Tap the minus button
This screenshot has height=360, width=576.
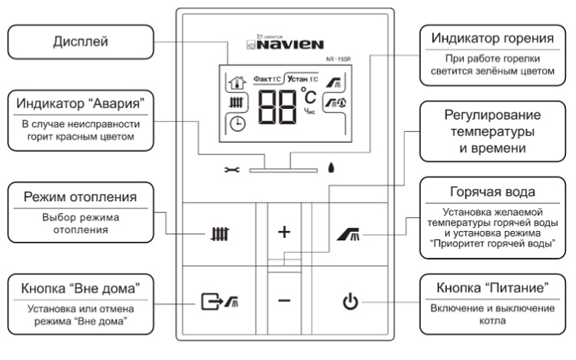[284, 301]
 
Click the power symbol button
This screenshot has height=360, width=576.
[349, 302]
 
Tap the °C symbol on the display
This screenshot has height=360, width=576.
[308, 97]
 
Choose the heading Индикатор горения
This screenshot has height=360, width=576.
[494, 38]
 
